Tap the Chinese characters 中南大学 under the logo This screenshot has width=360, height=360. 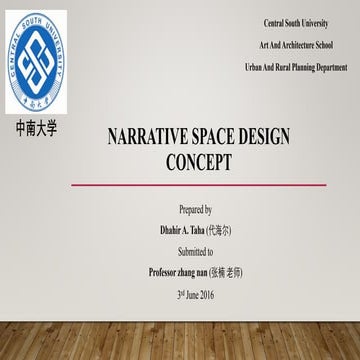tap(38, 130)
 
